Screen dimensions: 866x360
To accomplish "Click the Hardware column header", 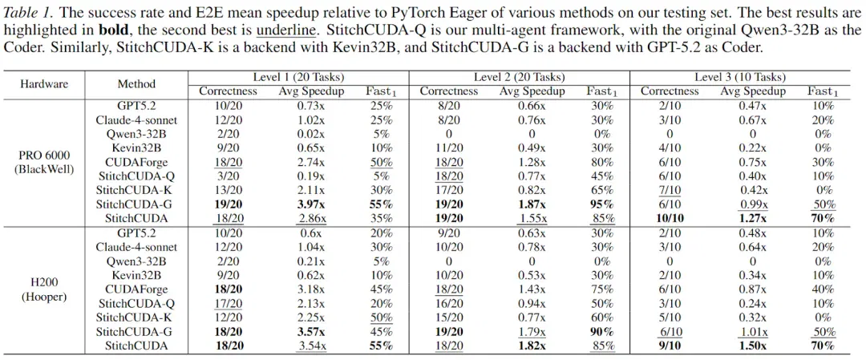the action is tap(44, 84).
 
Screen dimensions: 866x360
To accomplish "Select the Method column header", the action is tap(136, 84).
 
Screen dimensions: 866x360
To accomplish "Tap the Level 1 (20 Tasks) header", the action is tap(299, 77).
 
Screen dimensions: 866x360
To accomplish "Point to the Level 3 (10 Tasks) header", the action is tap(739, 77).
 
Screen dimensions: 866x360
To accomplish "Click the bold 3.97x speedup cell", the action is tap(311, 204).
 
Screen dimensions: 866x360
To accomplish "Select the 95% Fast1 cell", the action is tap(601, 204).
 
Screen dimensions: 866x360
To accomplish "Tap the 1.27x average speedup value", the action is tap(752, 218).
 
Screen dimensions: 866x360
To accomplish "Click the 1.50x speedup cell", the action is tap(752, 346).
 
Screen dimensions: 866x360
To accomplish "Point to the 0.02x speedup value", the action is tap(311, 134).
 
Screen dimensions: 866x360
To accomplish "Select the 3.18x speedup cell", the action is tap(311, 289).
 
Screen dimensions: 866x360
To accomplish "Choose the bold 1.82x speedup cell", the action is tap(532, 346).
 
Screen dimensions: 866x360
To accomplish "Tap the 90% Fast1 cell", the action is tap(601, 332).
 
